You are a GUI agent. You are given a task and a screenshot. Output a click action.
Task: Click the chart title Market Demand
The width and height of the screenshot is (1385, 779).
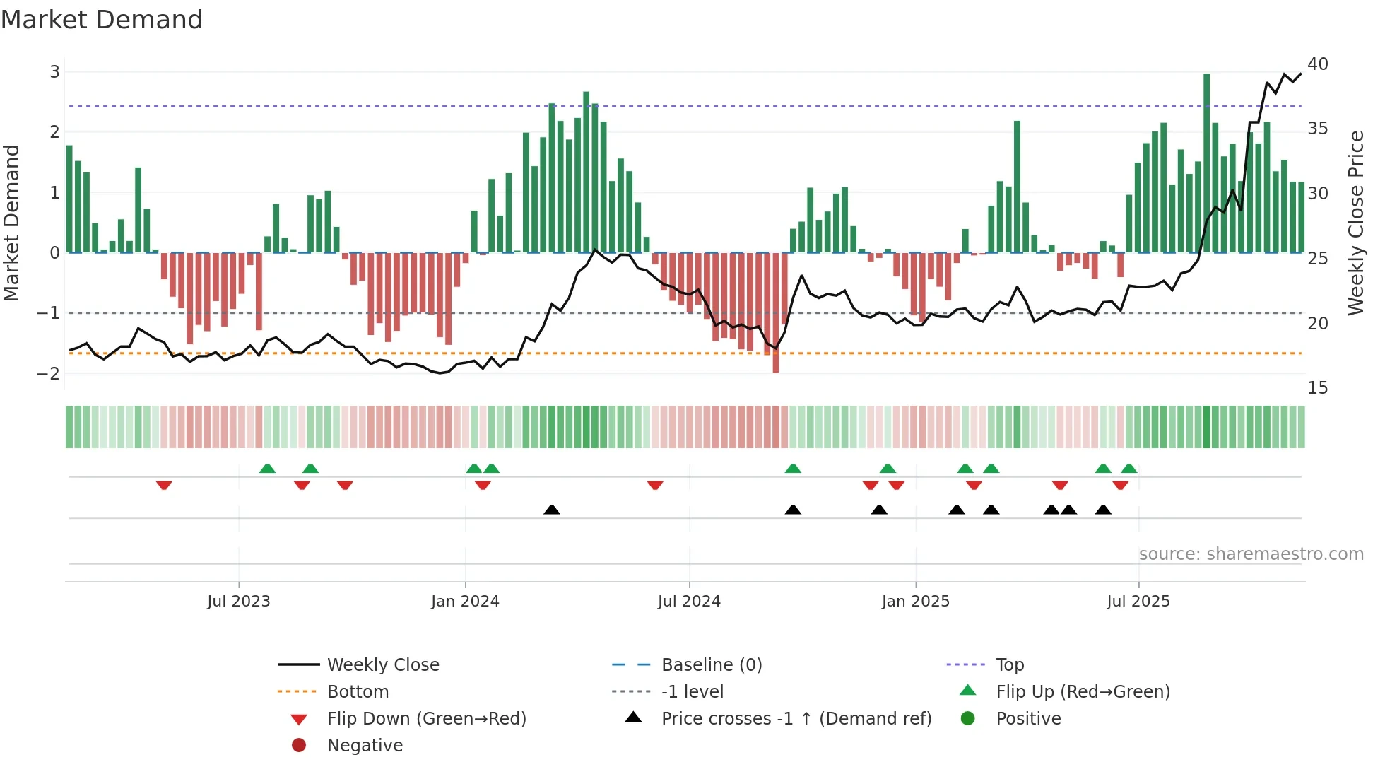102,19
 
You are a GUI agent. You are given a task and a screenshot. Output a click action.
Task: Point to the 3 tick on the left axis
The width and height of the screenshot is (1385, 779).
54,71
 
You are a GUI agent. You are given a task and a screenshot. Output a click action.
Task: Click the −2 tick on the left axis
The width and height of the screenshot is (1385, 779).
49,374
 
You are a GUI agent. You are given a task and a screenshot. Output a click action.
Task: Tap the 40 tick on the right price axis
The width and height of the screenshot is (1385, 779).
1318,64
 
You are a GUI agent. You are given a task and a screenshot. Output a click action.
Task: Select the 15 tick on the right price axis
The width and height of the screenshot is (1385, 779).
1318,388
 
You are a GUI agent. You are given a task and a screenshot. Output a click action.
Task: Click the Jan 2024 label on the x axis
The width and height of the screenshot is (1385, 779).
465,602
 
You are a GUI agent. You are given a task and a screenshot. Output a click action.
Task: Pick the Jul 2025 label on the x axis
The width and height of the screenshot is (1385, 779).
1138,602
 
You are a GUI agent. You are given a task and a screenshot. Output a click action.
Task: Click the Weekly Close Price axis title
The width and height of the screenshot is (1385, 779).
1355,223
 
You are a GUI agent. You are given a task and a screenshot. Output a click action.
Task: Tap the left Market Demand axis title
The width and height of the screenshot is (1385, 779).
12,223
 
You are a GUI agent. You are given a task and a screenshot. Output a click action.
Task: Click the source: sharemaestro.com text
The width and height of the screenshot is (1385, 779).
1251,554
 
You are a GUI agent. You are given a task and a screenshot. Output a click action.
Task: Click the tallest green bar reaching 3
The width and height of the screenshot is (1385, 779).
1207,163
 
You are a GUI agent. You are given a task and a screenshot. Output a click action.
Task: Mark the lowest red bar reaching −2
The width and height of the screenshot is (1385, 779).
776,312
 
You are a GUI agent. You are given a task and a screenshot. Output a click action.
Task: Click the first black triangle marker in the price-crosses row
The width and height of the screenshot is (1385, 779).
552,510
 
